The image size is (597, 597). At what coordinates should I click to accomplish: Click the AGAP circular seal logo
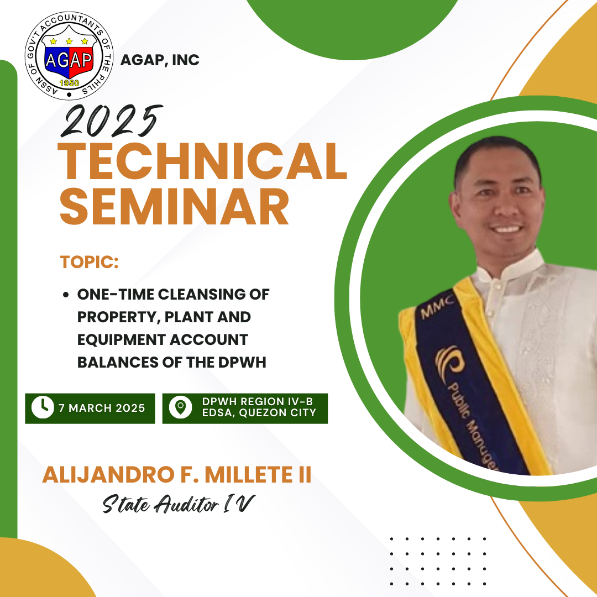tap(69, 56)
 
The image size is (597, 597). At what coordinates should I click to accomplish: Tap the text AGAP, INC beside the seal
tap(160, 60)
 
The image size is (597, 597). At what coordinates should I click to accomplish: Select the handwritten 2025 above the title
tap(112, 121)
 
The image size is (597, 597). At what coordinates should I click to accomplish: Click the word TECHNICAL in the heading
tap(202, 161)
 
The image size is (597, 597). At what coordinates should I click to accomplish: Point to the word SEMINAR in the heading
tap(174, 206)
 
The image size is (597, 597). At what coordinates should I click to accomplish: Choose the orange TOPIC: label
tap(89, 263)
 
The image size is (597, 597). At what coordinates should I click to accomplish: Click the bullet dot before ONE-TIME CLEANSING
tap(66, 295)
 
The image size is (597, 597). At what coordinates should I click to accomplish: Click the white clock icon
tap(43, 408)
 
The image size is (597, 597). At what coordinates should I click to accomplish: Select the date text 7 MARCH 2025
tap(102, 408)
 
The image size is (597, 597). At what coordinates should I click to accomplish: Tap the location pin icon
tap(180, 407)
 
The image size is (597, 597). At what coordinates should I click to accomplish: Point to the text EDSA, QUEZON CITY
tap(259, 413)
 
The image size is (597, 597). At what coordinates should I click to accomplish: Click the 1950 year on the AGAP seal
tap(69, 83)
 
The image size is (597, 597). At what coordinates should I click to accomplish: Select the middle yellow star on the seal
tap(69, 41)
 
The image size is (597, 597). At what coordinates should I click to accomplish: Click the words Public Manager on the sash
tap(473, 426)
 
